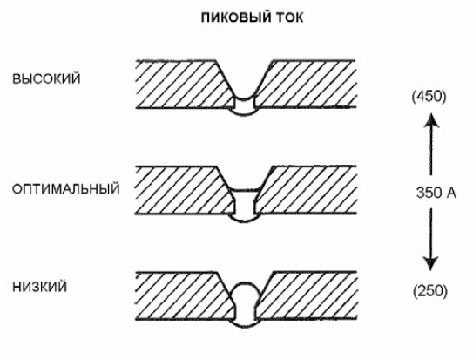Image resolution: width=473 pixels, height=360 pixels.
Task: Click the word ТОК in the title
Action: [289, 17]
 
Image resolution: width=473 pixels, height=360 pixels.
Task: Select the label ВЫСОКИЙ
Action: [46, 78]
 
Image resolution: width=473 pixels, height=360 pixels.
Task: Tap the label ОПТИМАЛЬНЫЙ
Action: [65, 189]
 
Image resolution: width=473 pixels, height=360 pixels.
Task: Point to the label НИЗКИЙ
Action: [39, 287]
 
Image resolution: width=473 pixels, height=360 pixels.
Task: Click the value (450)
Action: [429, 97]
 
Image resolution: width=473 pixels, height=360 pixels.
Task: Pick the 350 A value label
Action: [436, 193]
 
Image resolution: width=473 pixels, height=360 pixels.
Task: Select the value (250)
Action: [429, 291]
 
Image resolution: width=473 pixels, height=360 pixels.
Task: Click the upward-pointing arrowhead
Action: [431, 120]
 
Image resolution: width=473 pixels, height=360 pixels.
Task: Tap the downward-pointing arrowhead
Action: [431, 263]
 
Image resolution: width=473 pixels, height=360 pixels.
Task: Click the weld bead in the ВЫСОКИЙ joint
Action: [244, 106]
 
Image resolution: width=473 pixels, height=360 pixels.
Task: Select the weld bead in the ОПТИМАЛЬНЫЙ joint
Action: [245, 206]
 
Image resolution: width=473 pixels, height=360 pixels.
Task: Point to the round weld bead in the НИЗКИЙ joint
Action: [245, 305]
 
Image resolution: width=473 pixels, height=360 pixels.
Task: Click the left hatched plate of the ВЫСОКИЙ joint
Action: [181, 85]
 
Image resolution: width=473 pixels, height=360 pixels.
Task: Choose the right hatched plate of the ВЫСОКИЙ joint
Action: [307, 85]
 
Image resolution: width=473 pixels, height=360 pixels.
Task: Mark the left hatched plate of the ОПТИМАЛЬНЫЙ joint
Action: [181, 190]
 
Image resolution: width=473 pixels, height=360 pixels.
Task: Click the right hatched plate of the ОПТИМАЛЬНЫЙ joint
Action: [307, 190]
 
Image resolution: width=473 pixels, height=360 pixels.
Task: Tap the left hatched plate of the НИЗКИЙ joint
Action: [181, 295]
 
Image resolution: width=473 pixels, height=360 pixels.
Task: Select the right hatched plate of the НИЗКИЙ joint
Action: [307, 295]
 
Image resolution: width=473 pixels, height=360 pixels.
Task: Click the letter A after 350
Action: [451, 193]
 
